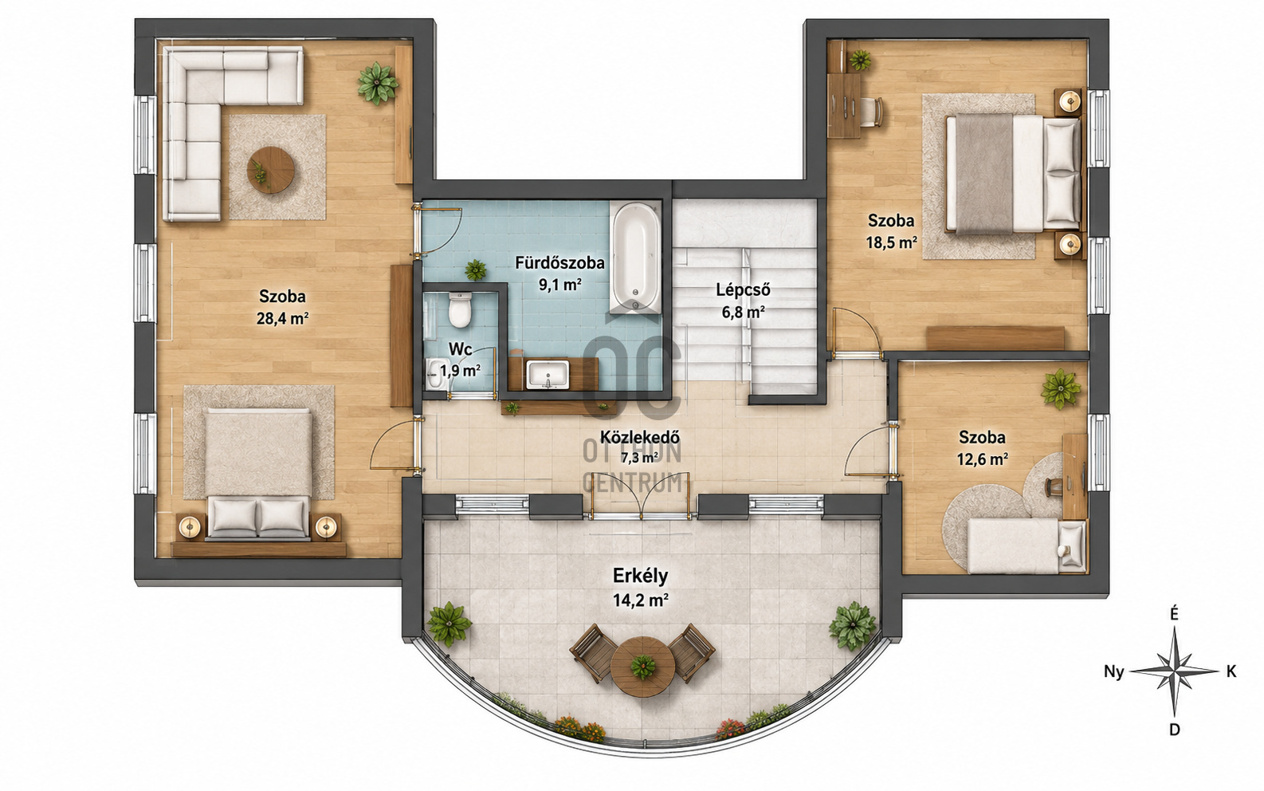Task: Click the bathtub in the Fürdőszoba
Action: [x=635, y=258]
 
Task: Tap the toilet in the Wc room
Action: [x=460, y=309]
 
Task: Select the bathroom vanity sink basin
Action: [x=548, y=374]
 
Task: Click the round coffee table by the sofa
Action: [x=271, y=169]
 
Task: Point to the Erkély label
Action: [x=641, y=576]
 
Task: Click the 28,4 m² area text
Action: [x=283, y=319]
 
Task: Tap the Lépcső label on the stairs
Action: [x=743, y=290]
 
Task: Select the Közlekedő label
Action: [x=639, y=437]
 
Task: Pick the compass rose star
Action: [x=1174, y=671]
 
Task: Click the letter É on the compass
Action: [x=1174, y=614]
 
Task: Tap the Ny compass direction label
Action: [x=1114, y=672]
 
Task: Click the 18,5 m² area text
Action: [x=892, y=242]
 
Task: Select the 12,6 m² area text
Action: [x=983, y=459]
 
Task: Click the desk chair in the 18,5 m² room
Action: [x=872, y=113]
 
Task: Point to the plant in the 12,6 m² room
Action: [x=1061, y=388]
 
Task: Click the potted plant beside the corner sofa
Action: [x=378, y=83]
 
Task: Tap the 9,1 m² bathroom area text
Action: [x=559, y=285]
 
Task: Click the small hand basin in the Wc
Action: [x=435, y=374]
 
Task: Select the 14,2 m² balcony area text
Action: [x=641, y=600]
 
